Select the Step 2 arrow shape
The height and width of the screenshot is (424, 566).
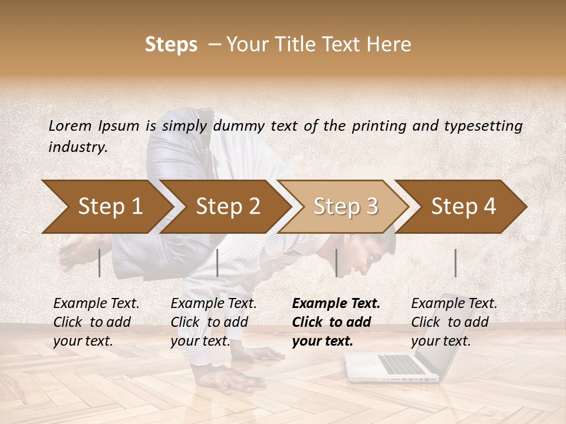[x=227, y=207]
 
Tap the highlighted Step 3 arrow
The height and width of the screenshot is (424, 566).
[x=345, y=207]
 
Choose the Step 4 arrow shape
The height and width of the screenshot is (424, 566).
[x=463, y=207]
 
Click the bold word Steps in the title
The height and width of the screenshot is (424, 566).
[x=171, y=45]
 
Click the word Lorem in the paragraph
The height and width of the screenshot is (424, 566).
[x=70, y=125]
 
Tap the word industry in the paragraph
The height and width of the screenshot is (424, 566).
[x=77, y=147]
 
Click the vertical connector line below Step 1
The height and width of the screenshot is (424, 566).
[x=100, y=263]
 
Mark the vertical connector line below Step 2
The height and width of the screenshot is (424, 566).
[x=218, y=263]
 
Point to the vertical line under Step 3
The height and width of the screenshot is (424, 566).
[x=336, y=263]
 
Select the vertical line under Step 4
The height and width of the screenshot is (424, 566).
[x=455, y=263]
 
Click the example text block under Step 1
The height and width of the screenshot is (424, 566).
[x=96, y=322]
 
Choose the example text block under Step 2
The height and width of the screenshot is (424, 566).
[x=213, y=322]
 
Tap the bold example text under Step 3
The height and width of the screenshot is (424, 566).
[x=336, y=322]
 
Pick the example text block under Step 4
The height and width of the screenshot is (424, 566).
[x=454, y=322]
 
